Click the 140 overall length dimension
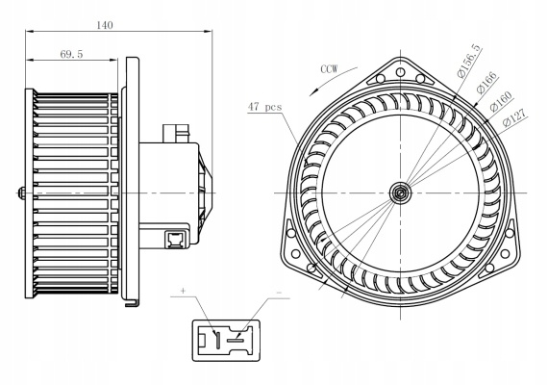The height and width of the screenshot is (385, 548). click(105, 25)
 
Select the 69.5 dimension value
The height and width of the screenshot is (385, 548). click(71, 54)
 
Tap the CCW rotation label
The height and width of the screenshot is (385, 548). click(329, 69)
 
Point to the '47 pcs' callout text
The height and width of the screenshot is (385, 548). click(265, 107)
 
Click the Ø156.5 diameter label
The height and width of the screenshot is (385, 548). click(469, 61)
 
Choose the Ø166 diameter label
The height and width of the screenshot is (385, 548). click(486, 83)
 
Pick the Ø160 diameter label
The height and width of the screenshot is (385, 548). click(501, 101)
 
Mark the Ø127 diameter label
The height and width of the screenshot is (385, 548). click(514, 117)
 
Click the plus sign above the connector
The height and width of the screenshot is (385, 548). click(183, 291)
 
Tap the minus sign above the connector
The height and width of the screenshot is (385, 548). click(279, 293)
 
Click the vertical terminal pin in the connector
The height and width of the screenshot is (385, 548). click(217, 339)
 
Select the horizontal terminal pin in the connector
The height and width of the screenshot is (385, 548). click(236, 340)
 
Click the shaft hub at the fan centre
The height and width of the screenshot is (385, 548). click(401, 192)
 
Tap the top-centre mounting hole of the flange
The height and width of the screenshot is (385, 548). click(401, 72)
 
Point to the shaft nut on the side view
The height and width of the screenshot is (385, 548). click(21, 192)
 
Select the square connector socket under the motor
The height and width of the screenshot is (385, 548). click(174, 239)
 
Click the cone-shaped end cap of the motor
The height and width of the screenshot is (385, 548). click(205, 192)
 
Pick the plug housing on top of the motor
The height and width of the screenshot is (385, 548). click(176, 134)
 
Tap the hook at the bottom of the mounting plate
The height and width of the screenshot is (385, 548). click(132, 303)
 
